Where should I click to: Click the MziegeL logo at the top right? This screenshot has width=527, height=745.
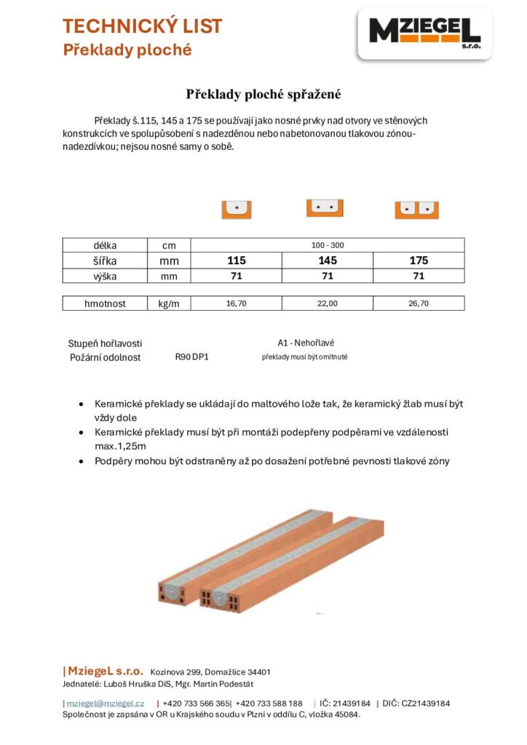tap(424, 33)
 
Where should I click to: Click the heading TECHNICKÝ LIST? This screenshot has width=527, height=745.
tap(142, 27)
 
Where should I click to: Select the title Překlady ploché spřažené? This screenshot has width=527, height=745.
tap(263, 94)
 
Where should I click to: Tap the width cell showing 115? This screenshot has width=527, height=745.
tap(237, 260)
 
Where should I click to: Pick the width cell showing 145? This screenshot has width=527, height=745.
tap(328, 260)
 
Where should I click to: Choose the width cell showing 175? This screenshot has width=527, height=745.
tap(419, 260)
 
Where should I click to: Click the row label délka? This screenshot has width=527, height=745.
tap(105, 245)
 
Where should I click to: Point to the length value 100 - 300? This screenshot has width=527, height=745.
tap(328, 245)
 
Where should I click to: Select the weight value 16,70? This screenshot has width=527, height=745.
tap(237, 303)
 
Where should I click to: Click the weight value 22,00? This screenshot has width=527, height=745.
tap(328, 303)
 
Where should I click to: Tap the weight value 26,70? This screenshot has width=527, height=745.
tap(419, 303)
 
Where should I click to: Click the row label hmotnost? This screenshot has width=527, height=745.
tap(105, 303)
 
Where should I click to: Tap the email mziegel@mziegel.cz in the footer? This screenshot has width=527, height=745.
tap(106, 704)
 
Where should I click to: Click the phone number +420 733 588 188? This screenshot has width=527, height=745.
tap(269, 704)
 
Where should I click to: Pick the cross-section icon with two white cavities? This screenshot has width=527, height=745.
tap(416, 210)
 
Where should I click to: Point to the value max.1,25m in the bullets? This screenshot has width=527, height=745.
tap(120, 446)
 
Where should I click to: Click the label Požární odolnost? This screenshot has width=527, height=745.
tap(105, 357)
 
